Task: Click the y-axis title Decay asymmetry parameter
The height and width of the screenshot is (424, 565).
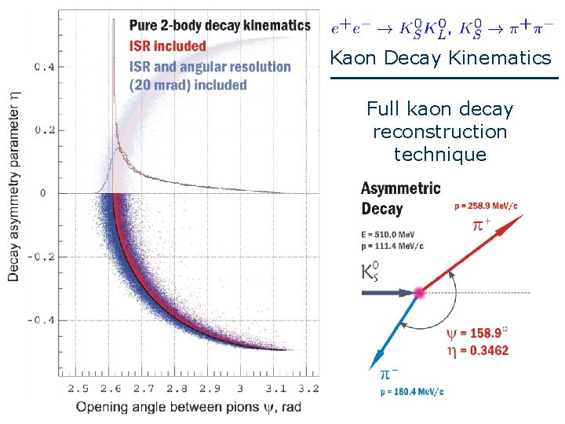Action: pyautogui.click(x=14, y=185)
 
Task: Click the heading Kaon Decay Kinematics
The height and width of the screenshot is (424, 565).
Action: pyautogui.click(x=440, y=58)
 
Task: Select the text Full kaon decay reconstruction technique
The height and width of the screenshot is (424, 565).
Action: pyautogui.click(x=440, y=131)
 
